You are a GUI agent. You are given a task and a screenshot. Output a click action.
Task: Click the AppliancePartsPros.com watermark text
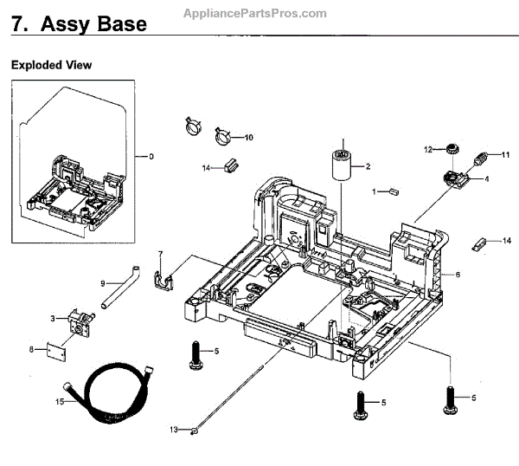pyautogui.click(x=256, y=13)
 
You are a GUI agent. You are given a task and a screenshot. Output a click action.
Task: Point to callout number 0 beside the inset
pyautogui.click(x=151, y=157)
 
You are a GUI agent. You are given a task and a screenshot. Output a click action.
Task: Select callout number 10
pyautogui.click(x=248, y=138)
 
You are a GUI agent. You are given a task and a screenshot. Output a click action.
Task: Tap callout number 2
pyautogui.click(x=368, y=166)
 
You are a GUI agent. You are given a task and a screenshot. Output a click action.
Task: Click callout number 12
pyautogui.click(x=426, y=150)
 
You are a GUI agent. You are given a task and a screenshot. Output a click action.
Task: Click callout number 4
pyautogui.click(x=486, y=179)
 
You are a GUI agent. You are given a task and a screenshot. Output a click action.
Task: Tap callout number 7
pyautogui.click(x=160, y=253)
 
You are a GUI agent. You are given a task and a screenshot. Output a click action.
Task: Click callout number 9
pyautogui.click(x=102, y=282)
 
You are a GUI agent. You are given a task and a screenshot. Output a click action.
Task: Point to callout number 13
pyautogui.click(x=172, y=430)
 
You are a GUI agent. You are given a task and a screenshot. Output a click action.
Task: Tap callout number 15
pyautogui.click(x=60, y=401)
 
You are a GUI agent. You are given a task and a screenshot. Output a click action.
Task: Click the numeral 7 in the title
pyautogui.click(x=17, y=25)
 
